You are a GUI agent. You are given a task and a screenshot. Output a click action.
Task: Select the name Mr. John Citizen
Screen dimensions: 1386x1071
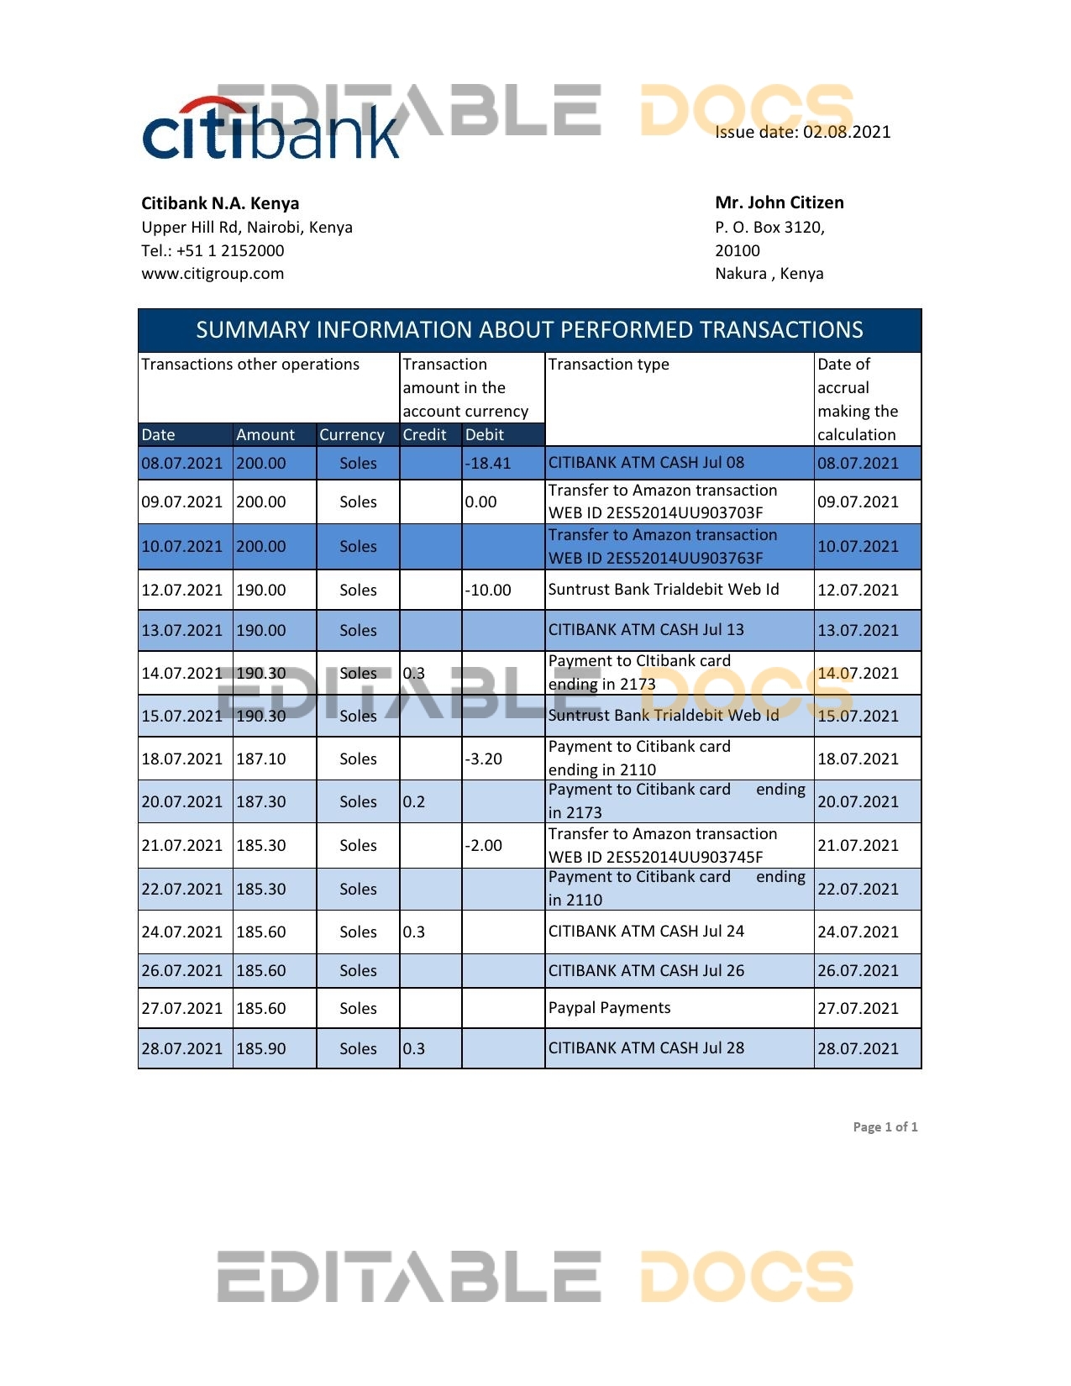(779, 202)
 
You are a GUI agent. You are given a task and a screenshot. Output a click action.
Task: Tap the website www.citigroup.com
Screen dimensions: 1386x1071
(213, 274)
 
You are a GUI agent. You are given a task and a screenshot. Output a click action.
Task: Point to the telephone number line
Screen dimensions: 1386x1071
(213, 250)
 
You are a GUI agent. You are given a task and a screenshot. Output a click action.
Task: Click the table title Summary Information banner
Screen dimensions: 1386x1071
(529, 330)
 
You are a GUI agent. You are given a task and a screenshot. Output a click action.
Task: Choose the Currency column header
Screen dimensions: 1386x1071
(352, 435)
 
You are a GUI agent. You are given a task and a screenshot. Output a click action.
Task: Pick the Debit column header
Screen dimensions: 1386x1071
(485, 435)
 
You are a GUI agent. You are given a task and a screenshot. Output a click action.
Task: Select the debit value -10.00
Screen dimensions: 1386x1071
(487, 591)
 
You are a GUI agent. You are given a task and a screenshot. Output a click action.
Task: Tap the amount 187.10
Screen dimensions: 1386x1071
(261, 759)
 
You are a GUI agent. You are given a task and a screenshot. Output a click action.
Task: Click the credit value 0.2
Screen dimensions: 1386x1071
(414, 802)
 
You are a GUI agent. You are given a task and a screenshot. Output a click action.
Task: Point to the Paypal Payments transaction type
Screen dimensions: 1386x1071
(609, 1008)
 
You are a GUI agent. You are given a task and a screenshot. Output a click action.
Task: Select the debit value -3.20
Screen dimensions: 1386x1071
(484, 759)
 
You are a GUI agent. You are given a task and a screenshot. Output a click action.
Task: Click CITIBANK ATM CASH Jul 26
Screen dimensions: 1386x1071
(646, 971)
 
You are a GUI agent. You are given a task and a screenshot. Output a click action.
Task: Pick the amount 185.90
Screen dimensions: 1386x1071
(261, 1049)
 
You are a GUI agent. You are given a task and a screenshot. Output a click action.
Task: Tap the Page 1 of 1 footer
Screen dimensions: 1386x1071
(885, 1127)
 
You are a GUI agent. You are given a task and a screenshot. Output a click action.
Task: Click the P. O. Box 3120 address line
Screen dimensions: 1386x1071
(769, 228)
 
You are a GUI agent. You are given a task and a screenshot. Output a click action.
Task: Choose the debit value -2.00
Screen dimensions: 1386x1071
(484, 846)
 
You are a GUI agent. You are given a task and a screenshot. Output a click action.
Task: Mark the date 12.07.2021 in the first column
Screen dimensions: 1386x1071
(182, 591)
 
